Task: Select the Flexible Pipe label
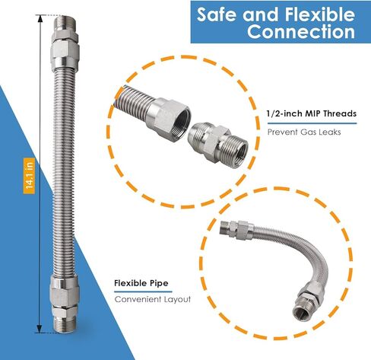click(141, 283)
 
